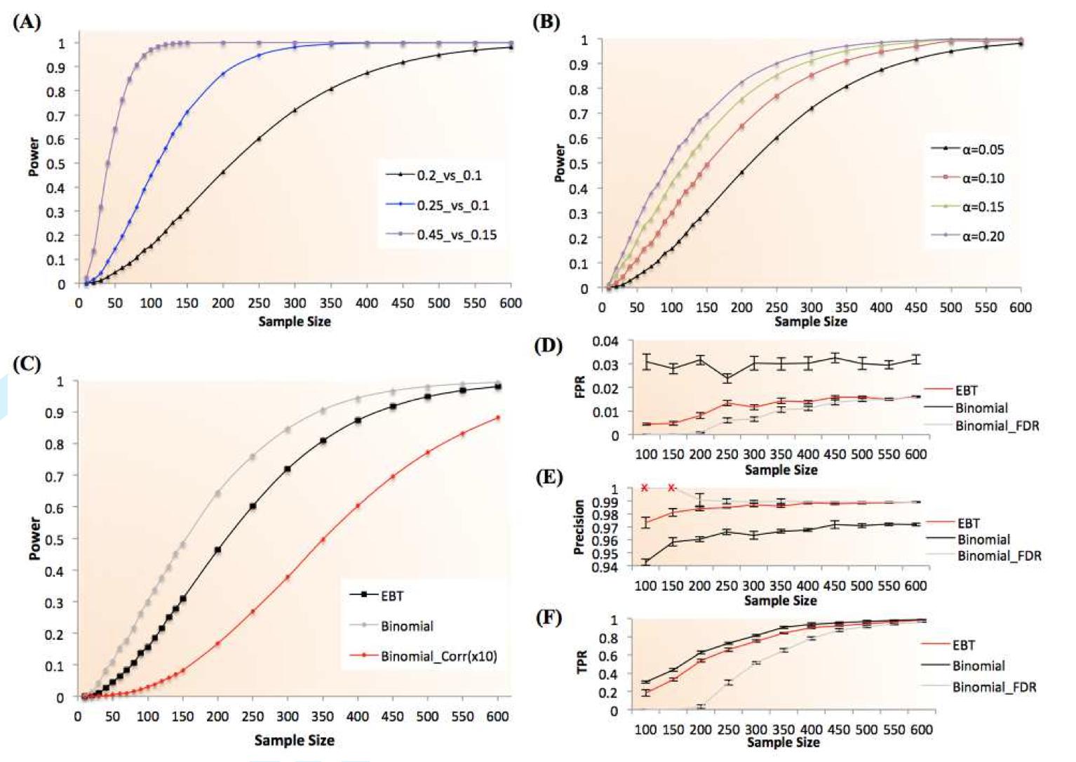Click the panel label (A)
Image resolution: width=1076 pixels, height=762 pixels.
pyautogui.click(x=27, y=22)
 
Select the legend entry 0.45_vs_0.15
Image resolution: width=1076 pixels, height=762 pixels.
pyautogui.click(x=456, y=234)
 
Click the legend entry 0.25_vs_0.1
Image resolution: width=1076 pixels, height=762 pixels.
pyautogui.click(x=452, y=205)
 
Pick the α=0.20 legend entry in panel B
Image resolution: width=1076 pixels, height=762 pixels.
pyautogui.click(x=983, y=236)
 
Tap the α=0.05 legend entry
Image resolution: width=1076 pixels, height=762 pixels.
pyautogui.click(x=983, y=149)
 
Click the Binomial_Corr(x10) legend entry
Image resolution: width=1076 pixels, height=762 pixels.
pyautogui.click(x=438, y=657)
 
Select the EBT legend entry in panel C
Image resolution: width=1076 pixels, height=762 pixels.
pyautogui.click(x=392, y=596)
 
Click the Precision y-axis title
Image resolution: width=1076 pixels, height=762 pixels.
pyautogui.click(x=579, y=527)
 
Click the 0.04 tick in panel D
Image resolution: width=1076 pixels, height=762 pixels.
pyautogui.click(x=605, y=341)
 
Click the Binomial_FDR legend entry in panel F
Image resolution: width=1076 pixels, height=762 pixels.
pyautogui.click(x=994, y=687)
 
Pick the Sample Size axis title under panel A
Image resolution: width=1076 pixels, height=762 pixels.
pyautogui.click(x=295, y=321)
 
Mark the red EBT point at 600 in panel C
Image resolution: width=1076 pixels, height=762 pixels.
pyautogui.click(x=498, y=417)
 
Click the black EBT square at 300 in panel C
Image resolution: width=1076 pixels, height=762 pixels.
pyautogui.click(x=287, y=469)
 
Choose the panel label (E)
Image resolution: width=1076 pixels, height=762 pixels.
pyautogui.click(x=548, y=477)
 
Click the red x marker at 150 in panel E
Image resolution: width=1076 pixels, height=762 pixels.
pyautogui.click(x=672, y=488)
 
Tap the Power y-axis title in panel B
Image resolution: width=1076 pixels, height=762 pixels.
pyautogui.click(x=559, y=163)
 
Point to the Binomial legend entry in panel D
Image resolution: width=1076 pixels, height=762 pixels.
pyautogui.click(x=981, y=408)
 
